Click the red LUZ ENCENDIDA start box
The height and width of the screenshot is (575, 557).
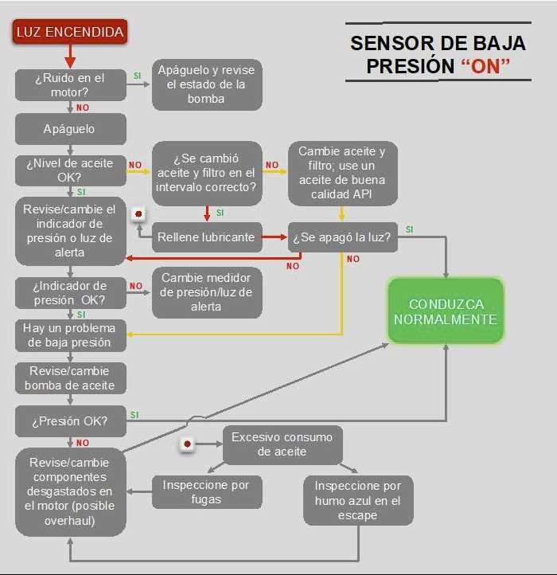[x=70, y=32]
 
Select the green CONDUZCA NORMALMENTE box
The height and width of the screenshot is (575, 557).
[x=446, y=311]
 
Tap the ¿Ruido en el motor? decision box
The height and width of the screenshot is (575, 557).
[x=70, y=84]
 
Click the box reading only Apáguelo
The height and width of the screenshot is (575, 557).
[x=70, y=129]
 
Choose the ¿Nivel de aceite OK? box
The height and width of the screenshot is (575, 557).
[x=70, y=170]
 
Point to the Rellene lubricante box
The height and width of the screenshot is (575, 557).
[x=207, y=237]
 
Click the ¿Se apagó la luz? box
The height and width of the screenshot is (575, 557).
[x=343, y=237]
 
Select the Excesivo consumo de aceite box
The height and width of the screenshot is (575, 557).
[x=282, y=444]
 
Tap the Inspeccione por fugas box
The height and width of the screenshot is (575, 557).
[x=207, y=492]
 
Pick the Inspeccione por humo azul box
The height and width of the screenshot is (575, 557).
[x=358, y=501]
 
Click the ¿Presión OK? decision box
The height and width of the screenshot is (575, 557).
[x=70, y=421]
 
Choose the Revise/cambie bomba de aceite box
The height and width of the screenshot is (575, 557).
[x=70, y=378]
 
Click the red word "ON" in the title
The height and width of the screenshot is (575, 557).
[x=485, y=66]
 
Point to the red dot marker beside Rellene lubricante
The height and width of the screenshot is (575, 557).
[x=138, y=213]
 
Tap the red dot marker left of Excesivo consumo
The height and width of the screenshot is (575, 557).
[x=187, y=444]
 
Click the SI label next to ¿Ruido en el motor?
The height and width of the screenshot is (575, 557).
[x=137, y=76]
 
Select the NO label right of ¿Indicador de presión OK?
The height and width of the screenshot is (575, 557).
[x=136, y=286]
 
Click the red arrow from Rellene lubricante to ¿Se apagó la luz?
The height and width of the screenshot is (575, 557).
[x=275, y=237]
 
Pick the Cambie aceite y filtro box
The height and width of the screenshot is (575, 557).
[x=343, y=173]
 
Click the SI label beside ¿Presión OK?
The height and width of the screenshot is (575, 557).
[x=134, y=415]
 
